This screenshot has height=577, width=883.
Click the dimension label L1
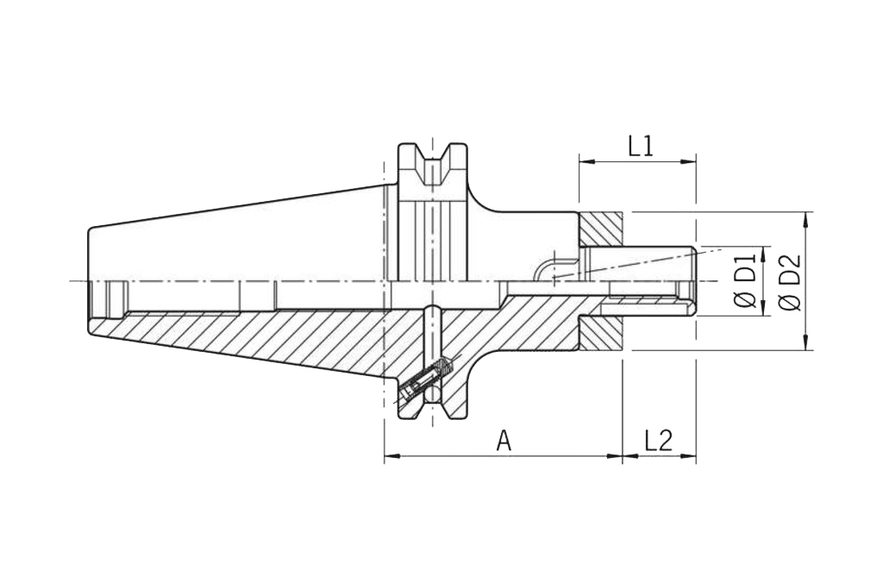click(x=641, y=147)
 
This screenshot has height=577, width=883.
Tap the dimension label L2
click(x=658, y=441)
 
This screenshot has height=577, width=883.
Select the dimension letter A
click(x=504, y=441)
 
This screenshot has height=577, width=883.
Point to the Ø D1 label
click(x=745, y=281)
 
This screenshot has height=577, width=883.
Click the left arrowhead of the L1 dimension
click(x=586, y=162)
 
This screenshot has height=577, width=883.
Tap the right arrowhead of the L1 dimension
click(x=689, y=162)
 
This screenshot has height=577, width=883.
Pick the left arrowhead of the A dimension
click(x=392, y=456)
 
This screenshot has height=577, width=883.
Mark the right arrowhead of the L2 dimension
click(x=689, y=456)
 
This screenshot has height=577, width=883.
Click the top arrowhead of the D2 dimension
click(x=807, y=220)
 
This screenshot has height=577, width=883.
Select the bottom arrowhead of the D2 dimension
click(x=807, y=342)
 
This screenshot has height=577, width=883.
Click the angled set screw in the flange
click(x=424, y=379)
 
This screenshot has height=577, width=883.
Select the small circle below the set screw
click(x=433, y=394)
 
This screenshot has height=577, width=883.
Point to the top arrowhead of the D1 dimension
click(x=762, y=254)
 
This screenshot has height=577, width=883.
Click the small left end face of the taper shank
click(x=89, y=281)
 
